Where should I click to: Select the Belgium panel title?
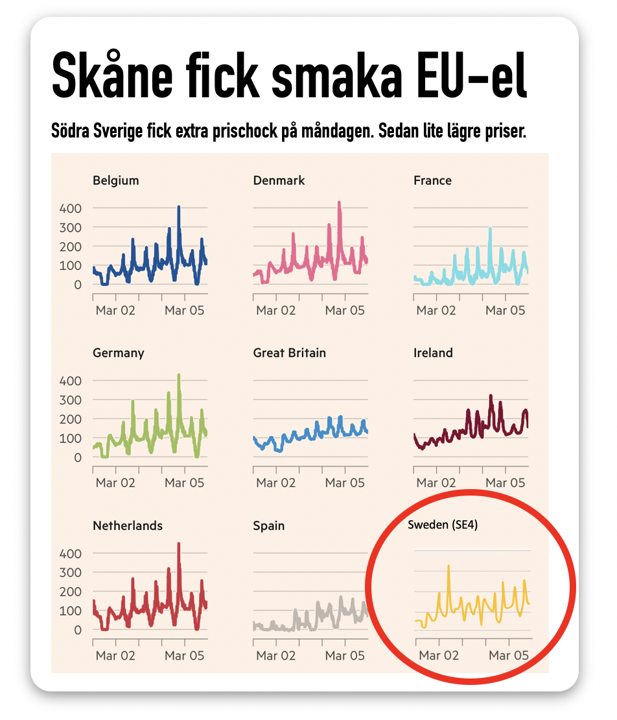(115, 180)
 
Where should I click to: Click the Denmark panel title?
(279, 180)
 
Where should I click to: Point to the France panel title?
(432, 180)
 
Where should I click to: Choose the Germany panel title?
(118, 353)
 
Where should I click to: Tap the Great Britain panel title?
(289, 353)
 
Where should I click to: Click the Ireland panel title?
(433, 353)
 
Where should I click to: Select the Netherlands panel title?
(128, 525)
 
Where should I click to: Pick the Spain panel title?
(269, 525)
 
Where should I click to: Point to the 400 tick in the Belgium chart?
(71, 208)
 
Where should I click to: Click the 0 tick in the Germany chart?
(78, 457)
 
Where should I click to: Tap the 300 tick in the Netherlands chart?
(71, 572)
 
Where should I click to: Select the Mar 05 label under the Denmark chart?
(345, 310)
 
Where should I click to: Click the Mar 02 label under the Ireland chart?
(436, 483)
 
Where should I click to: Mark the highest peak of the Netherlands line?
(178, 544)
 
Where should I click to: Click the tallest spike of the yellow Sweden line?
(448, 566)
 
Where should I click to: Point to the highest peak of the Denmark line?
(339, 202)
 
